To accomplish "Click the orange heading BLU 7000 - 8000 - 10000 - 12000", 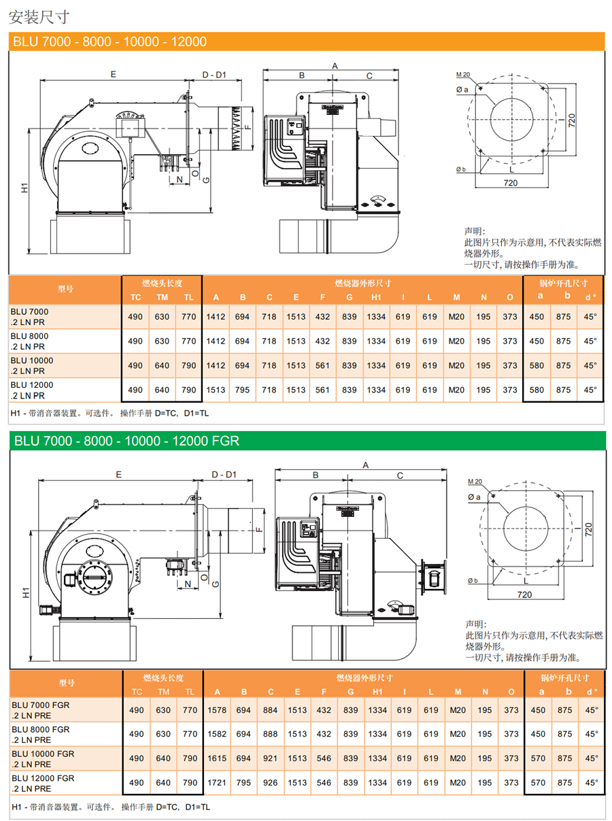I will (109, 41).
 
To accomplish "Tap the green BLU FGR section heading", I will (126, 441).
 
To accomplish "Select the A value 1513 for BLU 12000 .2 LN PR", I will (216, 390).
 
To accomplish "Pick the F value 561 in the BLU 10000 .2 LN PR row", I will (322, 365).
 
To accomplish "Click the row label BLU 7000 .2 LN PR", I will (30, 316).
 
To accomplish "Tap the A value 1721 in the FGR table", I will (217, 783).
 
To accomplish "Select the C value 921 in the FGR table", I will (271, 758).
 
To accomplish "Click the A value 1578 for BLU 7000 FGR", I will (217, 710).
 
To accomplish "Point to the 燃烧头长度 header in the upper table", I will (162, 283).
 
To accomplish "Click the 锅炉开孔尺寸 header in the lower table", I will (564, 677).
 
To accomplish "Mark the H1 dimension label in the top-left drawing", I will (24, 188).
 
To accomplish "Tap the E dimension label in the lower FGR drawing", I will (118, 474).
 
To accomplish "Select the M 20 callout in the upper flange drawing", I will (463, 73).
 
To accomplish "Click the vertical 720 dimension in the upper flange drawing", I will (571, 120).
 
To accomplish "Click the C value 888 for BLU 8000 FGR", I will (271, 734).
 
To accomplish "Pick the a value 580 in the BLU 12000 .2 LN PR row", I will (537, 390).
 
